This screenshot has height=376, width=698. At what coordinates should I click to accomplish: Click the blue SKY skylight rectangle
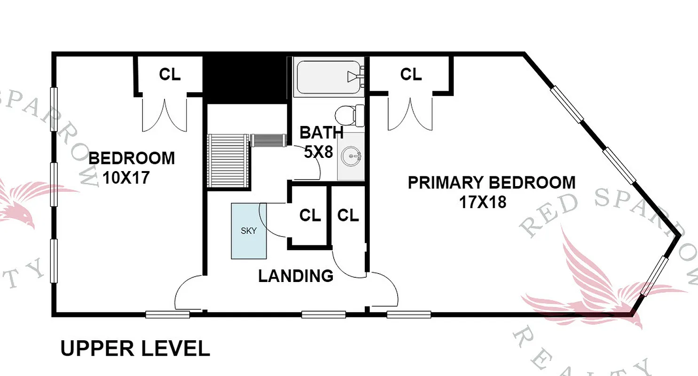249,231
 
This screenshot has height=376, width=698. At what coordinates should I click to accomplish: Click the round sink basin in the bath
351,155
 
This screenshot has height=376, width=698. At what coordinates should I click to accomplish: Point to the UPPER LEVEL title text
135,349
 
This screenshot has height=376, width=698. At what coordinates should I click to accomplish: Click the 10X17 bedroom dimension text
126,178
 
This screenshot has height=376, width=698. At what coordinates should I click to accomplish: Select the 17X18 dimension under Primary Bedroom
482,202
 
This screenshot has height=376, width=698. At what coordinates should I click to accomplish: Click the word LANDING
296,276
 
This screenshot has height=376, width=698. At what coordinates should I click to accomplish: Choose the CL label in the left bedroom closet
170,74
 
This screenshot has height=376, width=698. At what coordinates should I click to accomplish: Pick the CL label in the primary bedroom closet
411,74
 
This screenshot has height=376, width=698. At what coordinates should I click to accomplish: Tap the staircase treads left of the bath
227,160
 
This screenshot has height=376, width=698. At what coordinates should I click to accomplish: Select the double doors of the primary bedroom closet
410,115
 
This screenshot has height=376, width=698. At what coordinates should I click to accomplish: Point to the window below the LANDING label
323,314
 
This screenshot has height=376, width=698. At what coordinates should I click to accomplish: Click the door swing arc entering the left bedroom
187,291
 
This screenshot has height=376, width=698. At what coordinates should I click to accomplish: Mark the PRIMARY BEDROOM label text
491,182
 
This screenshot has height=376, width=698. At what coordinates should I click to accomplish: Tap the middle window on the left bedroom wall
54,185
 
